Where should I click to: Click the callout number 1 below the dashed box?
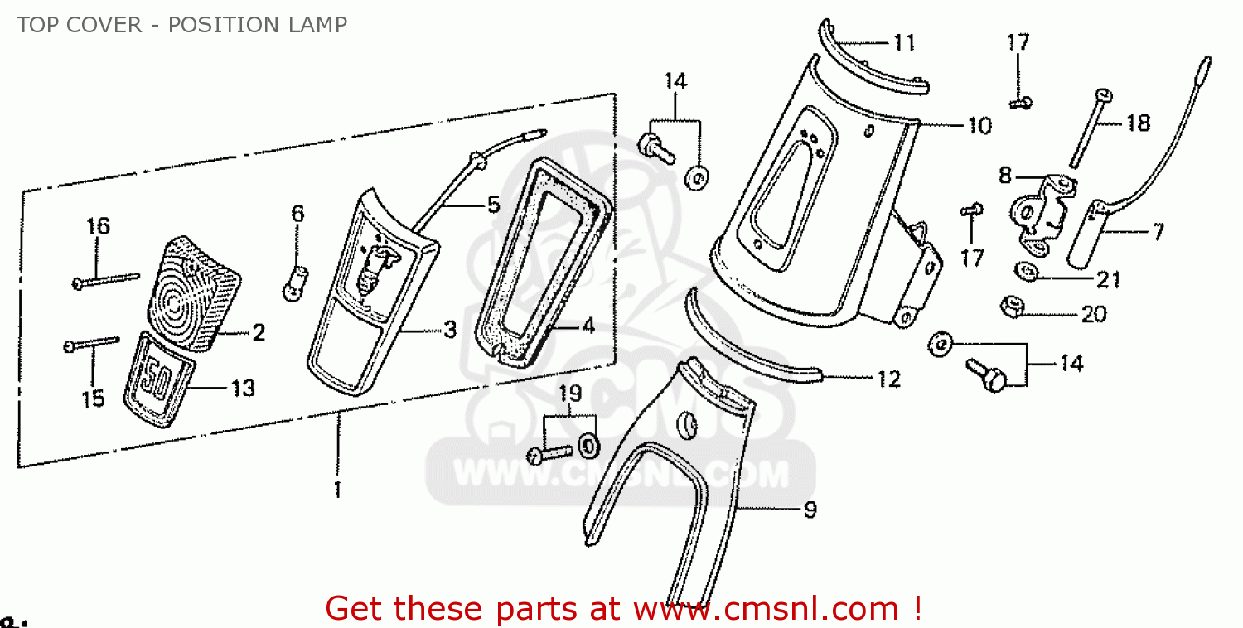pyautogui.click(x=337, y=489)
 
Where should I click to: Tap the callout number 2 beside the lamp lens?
pyautogui.click(x=259, y=332)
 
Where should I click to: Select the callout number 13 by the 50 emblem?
pyautogui.click(x=243, y=389)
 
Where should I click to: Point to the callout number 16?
pyautogui.click(x=99, y=226)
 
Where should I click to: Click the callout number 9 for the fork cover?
pyautogui.click(x=810, y=510)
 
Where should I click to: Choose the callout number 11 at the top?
pyautogui.click(x=905, y=43)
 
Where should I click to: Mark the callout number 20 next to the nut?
pyautogui.click(x=1094, y=315)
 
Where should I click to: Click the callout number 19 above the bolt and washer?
pyautogui.click(x=570, y=394)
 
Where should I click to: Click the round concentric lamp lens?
pyautogui.click(x=194, y=295)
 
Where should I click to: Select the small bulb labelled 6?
pyautogui.click(x=295, y=283)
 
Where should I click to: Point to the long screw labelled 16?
pyautogui.click(x=106, y=280)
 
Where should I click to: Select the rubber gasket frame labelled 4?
pyautogui.click(x=542, y=262)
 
